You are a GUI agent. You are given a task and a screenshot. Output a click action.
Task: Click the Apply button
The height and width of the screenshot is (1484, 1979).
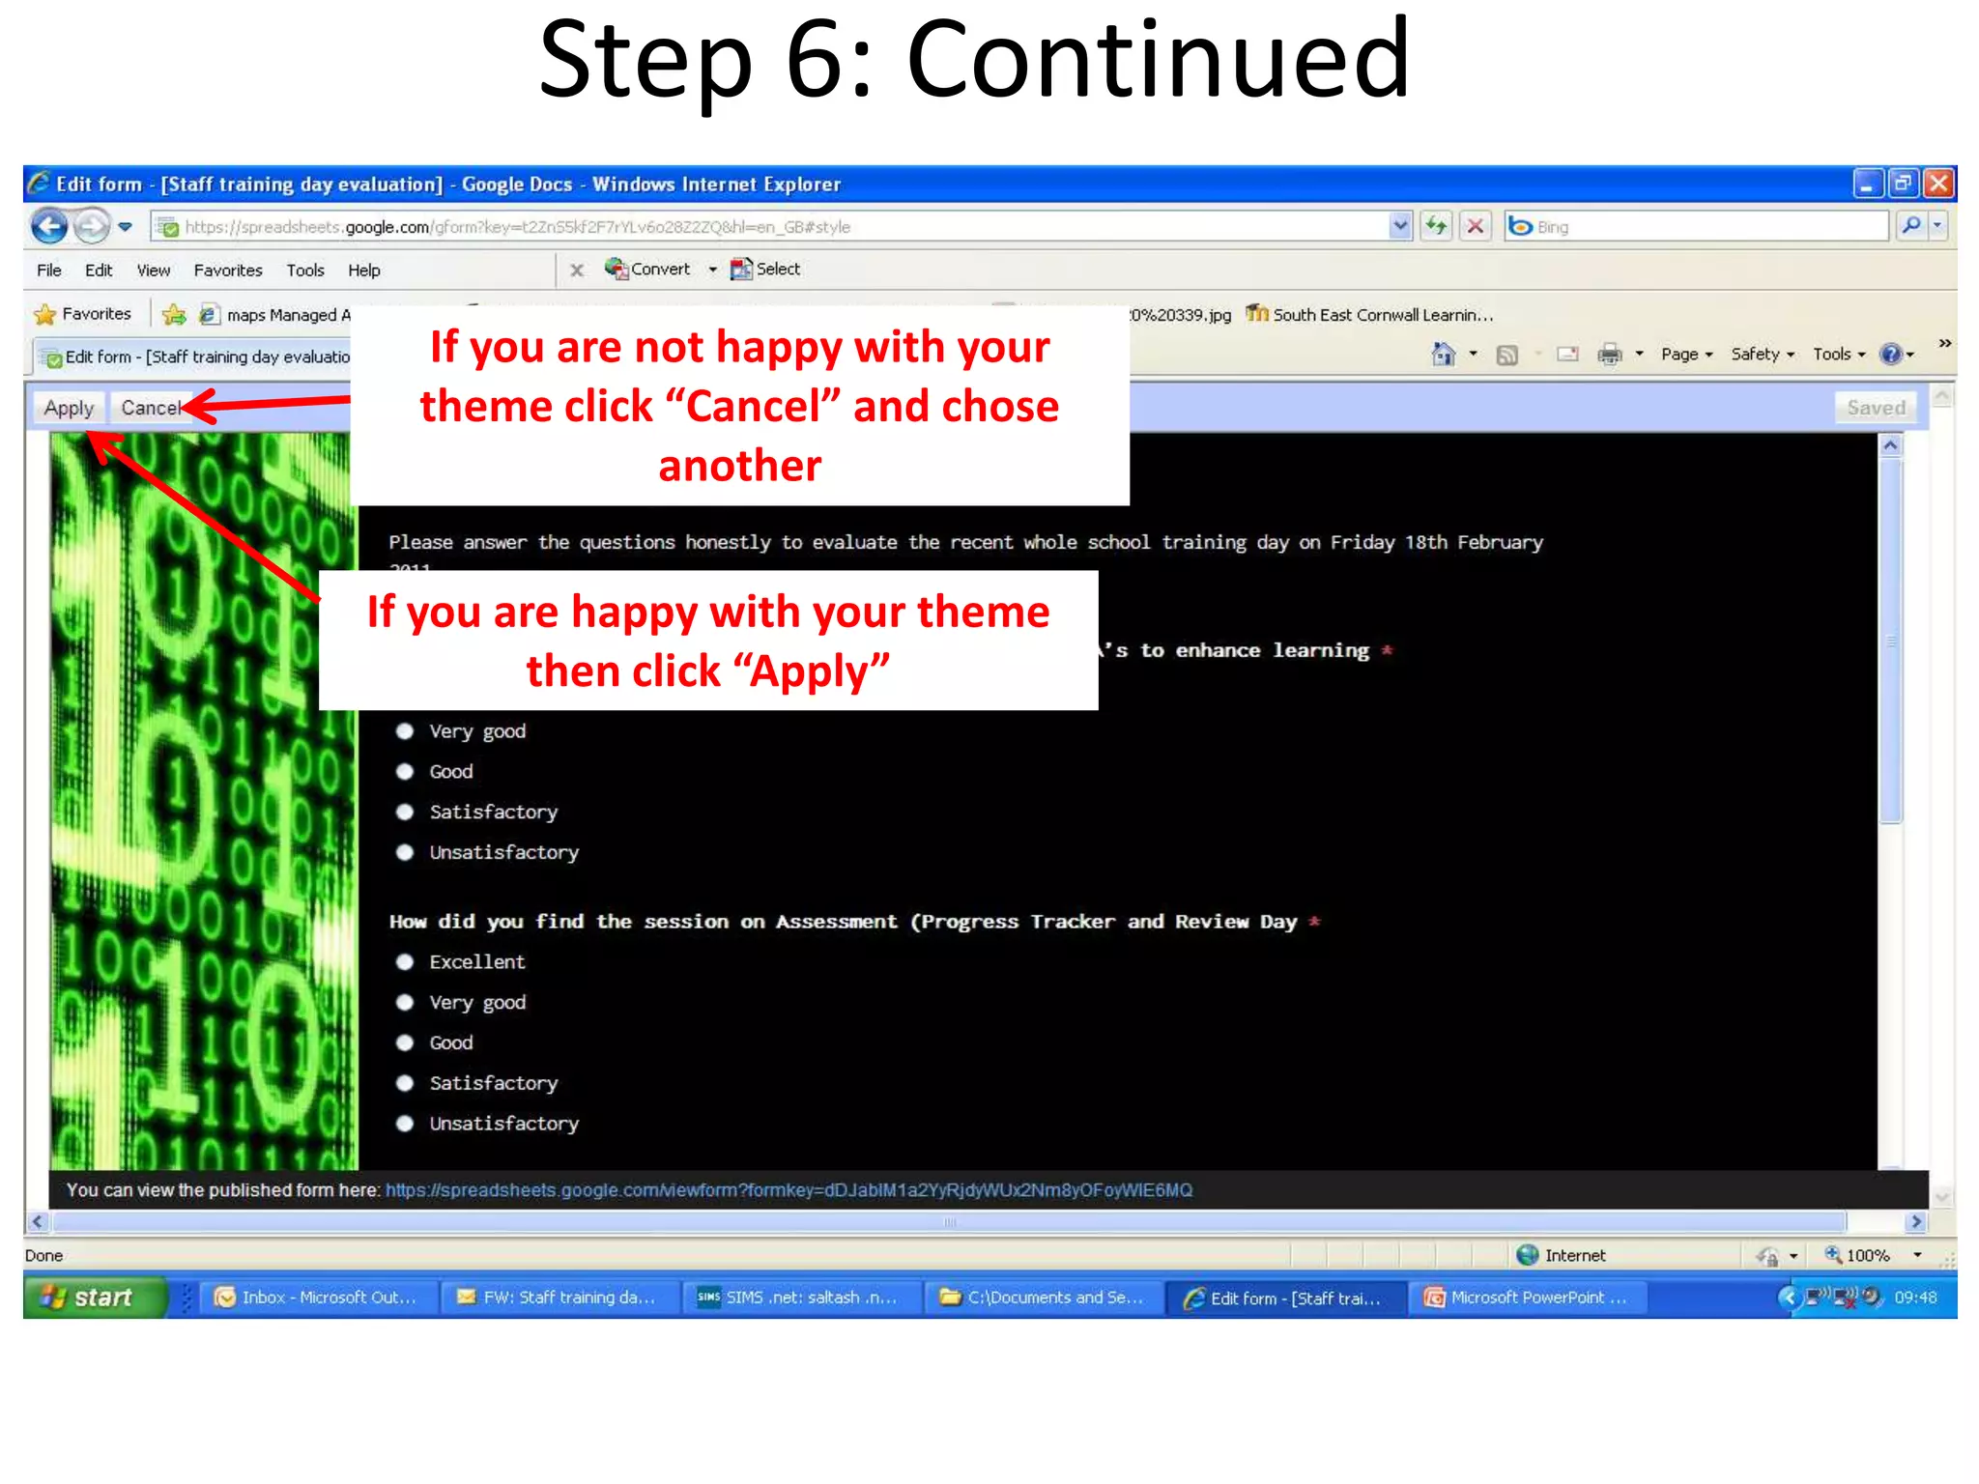pyautogui.click(x=69, y=408)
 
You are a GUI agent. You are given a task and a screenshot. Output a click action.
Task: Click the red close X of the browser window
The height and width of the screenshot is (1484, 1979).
pyautogui.click(x=1938, y=184)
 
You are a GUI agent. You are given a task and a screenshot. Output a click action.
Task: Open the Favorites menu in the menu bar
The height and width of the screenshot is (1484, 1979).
pyautogui.click(x=227, y=271)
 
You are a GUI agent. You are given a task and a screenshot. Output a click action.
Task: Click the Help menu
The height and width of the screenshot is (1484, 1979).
pyautogui.click(x=363, y=271)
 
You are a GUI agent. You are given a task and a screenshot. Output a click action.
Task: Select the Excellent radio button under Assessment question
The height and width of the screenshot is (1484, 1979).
pyautogui.click(x=405, y=962)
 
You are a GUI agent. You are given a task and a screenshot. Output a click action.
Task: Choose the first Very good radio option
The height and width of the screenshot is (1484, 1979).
pyautogui.click(x=405, y=731)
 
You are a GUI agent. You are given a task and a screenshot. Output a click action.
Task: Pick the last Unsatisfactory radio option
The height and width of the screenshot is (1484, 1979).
pyautogui.click(x=405, y=1124)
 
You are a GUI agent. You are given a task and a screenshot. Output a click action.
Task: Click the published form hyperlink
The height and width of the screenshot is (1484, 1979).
pyautogui.click(x=789, y=1190)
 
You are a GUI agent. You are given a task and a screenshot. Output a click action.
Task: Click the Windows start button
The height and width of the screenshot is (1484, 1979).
pyautogui.click(x=92, y=1298)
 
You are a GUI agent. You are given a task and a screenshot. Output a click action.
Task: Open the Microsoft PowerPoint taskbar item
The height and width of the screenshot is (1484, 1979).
pyautogui.click(x=1527, y=1298)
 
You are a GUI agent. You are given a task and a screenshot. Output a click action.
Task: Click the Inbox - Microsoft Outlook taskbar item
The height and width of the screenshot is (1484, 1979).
pyautogui.click(x=317, y=1298)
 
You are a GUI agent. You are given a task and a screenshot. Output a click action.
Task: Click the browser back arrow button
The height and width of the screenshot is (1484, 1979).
pyautogui.click(x=49, y=227)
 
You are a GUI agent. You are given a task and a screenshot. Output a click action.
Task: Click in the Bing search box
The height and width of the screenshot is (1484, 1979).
pyautogui.click(x=1701, y=227)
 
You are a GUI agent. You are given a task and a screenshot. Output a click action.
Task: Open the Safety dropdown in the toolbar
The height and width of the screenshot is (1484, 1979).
pyautogui.click(x=1762, y=355)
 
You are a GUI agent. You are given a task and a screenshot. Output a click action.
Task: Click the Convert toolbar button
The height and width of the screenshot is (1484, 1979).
pyautogui.click(x=649, y=270)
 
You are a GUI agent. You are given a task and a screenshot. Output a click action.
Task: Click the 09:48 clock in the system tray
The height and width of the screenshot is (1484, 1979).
pyautogui.click(x=1914, y=1298)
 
